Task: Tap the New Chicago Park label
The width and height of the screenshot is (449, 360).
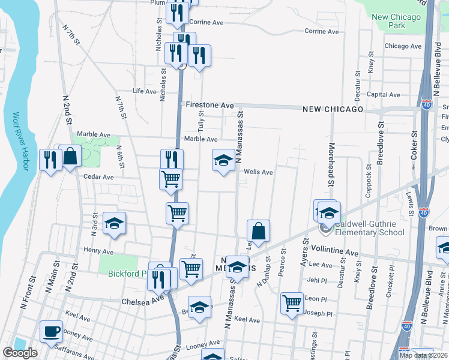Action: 397,21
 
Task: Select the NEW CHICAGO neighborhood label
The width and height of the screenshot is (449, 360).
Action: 333,109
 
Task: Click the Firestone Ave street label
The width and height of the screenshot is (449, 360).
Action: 209,105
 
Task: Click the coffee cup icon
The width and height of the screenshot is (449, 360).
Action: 51,331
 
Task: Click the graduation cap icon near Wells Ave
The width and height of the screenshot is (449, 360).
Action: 223,160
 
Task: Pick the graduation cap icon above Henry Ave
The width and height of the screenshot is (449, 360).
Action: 114,223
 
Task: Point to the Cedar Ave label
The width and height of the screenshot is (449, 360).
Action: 98,177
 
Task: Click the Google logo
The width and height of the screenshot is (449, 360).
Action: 20,353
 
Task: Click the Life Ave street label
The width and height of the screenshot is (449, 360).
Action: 144,91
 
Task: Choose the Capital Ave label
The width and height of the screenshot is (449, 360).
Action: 383,94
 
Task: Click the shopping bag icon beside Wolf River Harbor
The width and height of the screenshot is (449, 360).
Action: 70,157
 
